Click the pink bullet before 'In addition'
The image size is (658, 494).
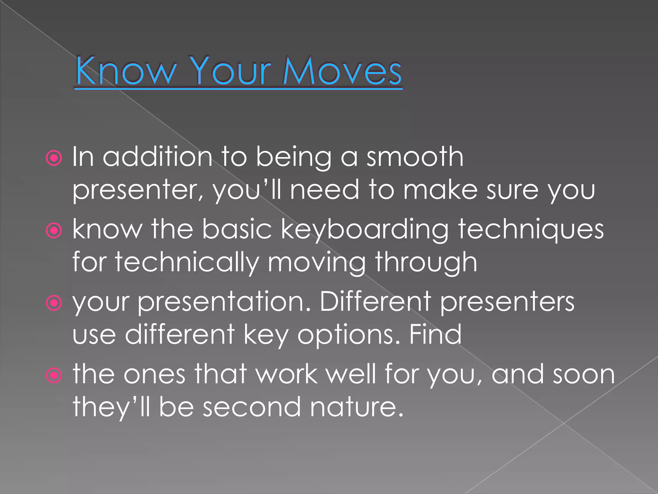click(54, 158)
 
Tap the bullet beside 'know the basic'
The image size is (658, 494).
click(54, 230)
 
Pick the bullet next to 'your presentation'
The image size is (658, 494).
click(54, 303)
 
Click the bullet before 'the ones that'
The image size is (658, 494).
click(54, 375)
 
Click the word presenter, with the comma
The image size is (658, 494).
click(138, 190)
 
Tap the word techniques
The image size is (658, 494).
click(531, 230)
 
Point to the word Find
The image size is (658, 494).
click(435, 334)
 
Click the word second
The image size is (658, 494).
click(252, 407)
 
